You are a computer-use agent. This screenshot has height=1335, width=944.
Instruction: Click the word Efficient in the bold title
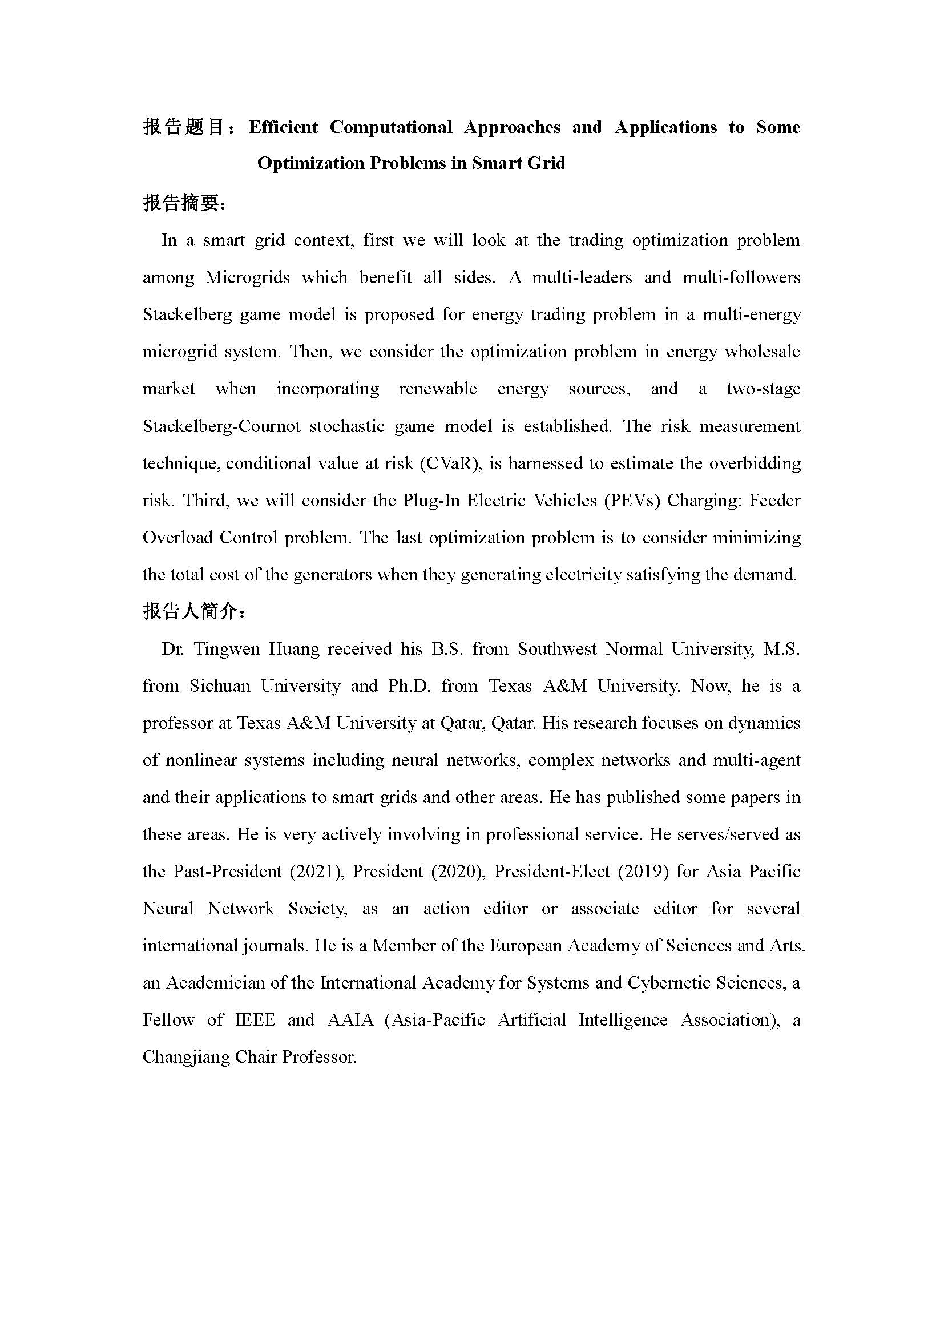click(x=284, y=127)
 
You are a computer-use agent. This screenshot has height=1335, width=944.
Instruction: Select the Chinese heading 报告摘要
click(x=183, y=204)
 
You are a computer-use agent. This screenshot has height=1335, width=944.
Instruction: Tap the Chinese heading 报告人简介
click(x=192, y=612)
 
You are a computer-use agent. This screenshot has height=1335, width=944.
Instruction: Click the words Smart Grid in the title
click(x=518, y=163)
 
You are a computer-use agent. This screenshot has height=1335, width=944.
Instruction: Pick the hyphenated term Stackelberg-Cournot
click(x=221, y=426)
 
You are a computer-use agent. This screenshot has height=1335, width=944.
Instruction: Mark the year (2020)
click(x=457, y=872)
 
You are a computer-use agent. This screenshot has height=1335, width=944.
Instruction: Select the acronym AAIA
click(x=350, y=1020)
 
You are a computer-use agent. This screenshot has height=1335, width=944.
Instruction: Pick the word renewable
click(x=438, y=389)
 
